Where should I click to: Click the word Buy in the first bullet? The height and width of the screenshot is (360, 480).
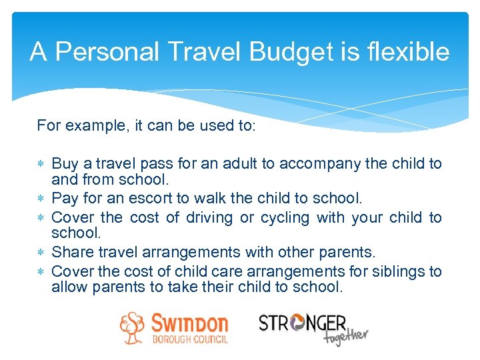tap(64, 163)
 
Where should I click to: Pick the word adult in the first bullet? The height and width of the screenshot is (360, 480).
tap(257, 163)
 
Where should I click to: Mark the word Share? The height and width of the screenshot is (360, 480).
tap(69, 253)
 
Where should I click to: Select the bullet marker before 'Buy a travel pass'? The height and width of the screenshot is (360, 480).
tap(41, 164)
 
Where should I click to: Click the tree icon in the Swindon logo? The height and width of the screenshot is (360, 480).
tap(132, 327)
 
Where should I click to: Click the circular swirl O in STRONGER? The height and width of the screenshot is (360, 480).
tap(296, 323)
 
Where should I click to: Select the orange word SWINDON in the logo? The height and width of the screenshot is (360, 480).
tap(189, 325)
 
